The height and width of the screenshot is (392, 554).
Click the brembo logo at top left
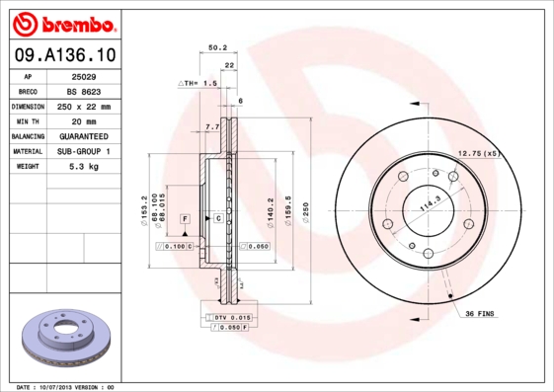(x=62, y=23)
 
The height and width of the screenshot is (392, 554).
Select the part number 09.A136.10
(x=62, y=55)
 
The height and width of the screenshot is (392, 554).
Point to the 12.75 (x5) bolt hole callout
(x=480, y=153)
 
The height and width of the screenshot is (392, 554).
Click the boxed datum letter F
(x=185, y=216)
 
